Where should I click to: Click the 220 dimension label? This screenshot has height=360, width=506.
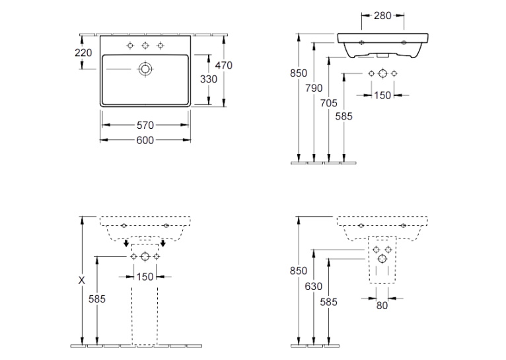pyautogui.click(x=83, y=53)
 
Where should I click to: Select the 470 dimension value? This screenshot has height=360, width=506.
pyautogui.click(x=224, y=65)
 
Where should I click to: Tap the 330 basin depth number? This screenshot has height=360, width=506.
pyautogui.click(x=209, y=79)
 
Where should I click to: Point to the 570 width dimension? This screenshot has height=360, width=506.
pyautogui.click(x=145, y=125)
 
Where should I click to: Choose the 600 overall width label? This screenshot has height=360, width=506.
pyautogui.click(x=145, y=140)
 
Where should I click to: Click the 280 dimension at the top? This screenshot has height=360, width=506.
pyautogui.click(x=382, y=15)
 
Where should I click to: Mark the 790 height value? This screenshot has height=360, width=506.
pyautogui.click(x=314, y=88)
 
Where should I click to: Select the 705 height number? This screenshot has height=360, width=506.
pyautogui.click(x=328, y=103)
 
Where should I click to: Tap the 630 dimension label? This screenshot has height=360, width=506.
pyautogui.click(x=313, y=286)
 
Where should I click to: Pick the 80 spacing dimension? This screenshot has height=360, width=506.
pyautogui.click(x=382, y=305)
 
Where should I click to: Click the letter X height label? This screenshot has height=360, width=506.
pyautogui.click(x=82, y=281)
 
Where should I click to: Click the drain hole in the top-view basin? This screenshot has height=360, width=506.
pyautogui.click(x=145, y=69)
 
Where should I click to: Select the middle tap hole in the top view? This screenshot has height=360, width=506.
pyautogui.click(x=145, y=46)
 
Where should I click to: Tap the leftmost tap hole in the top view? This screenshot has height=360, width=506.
pyautogui.click(x=130, y=46)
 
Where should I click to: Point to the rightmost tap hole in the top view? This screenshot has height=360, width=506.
pyautogui.click(x=161, y=46)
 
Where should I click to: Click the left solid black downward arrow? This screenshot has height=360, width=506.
pyautogui.click(x=126, y=243)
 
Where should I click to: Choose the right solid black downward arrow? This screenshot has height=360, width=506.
pyautogui.click(x=163, y=243)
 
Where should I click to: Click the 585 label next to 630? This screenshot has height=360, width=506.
pyautogui.click(x=328, y=302)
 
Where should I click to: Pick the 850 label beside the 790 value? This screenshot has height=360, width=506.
pyautogui.click(x=299, y=73)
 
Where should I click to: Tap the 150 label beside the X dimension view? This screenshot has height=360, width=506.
pyautogui.click(x=145, y=277)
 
